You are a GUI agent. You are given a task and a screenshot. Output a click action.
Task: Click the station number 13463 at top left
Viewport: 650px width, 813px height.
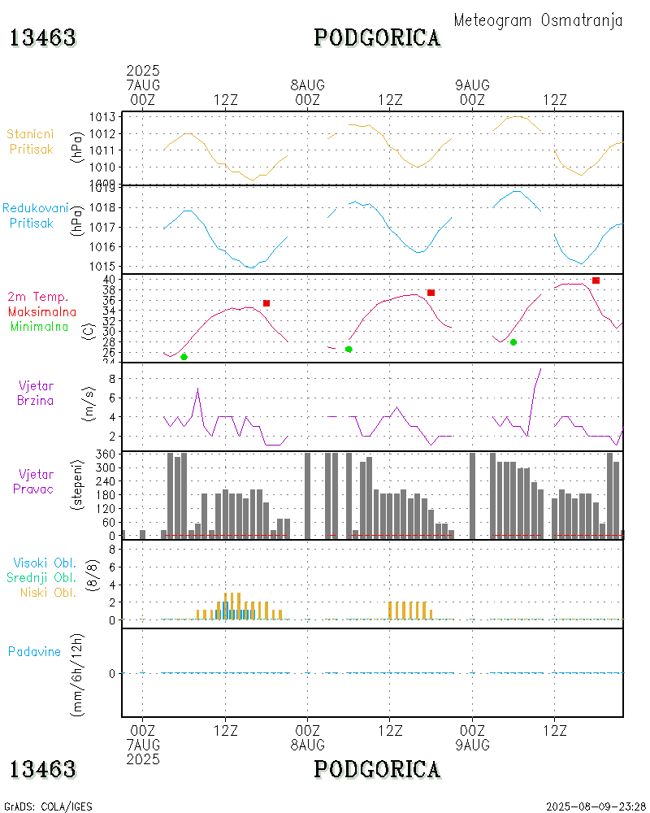pyautogui.click(x=42, y=38)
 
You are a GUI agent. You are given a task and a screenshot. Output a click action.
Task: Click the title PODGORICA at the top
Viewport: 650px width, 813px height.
pyautogui.click(x=377, y=38)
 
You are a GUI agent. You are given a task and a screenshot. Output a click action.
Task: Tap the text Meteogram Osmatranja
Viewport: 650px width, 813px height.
pyautogui.click(x=538, y=20)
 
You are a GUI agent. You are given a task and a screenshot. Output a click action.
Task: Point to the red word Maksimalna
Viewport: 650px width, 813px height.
pyautogui.click(x=42, y=311)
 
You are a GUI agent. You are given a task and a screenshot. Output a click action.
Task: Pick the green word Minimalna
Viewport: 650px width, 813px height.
pyautogui.click(x=43, y=326)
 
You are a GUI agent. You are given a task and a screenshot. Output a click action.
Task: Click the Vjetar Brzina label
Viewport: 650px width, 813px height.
pyautogui.click(x=36, y=393)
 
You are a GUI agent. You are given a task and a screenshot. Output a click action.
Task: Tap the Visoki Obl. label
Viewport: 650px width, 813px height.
pyautogui.click(x=44, y=563)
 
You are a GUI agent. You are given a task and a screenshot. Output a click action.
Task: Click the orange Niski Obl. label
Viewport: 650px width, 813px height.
pyautogui.click(x=48, y=592)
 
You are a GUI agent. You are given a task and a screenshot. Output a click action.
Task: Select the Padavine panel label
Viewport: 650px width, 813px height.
pyautogui.click(x=34, y=651)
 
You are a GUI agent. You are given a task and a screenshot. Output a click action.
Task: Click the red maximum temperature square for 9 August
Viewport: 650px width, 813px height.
pyautogui.click(x=596, y=280)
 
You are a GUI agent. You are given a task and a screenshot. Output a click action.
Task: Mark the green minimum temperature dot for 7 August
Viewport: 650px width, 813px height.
pyautogui.click(x=184, y=357)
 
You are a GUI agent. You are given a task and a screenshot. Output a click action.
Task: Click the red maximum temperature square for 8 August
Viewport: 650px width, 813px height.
pyautogui.click(x=431, y=293)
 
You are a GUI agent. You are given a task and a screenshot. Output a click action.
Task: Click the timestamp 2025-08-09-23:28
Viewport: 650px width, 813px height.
pyautogui.click(x=596, y=806)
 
